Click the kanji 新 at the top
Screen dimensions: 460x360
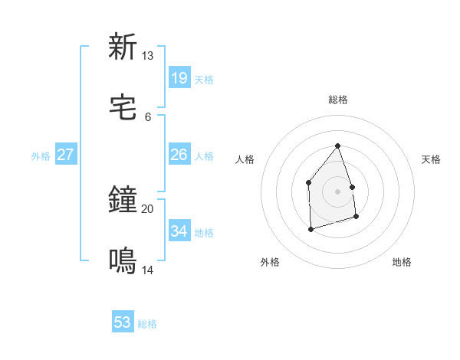click(x=123, y=47)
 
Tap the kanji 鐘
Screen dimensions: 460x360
click(x=123, y=201)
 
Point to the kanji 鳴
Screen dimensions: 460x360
click(x=123, y=262)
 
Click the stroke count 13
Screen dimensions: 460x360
click(x=147, y=56)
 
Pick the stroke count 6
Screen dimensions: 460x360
click(x=147, y=117)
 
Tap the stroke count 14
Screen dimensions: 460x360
click(x=147, y=270)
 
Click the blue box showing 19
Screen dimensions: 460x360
click(x=179, y=78)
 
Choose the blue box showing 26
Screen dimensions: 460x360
click(x=179, y=155)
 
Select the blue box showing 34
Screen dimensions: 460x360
click(x=179, y=231)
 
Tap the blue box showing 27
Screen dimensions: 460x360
click(x=65, y=155)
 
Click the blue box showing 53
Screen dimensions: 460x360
click(x=123, y=322)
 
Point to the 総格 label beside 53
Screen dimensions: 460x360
click(x=147, y=324)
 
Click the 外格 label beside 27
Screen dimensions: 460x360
click(x=41, y=156)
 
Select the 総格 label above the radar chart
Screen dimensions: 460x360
click(x=337, y=100)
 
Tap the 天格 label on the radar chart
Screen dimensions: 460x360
click(x=431, y=159)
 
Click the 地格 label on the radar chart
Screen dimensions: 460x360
click(x=402, y=262)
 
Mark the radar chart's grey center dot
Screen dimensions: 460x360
click(x=337, y=191)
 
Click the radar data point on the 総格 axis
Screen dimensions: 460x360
click(x=337, y=146)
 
